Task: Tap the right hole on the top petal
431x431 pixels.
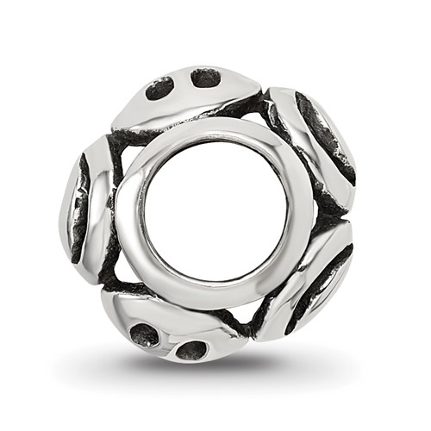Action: (x=205, y=78)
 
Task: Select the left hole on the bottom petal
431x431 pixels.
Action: (x=145, y=334)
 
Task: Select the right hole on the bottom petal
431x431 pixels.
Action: (x=191, y=350)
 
